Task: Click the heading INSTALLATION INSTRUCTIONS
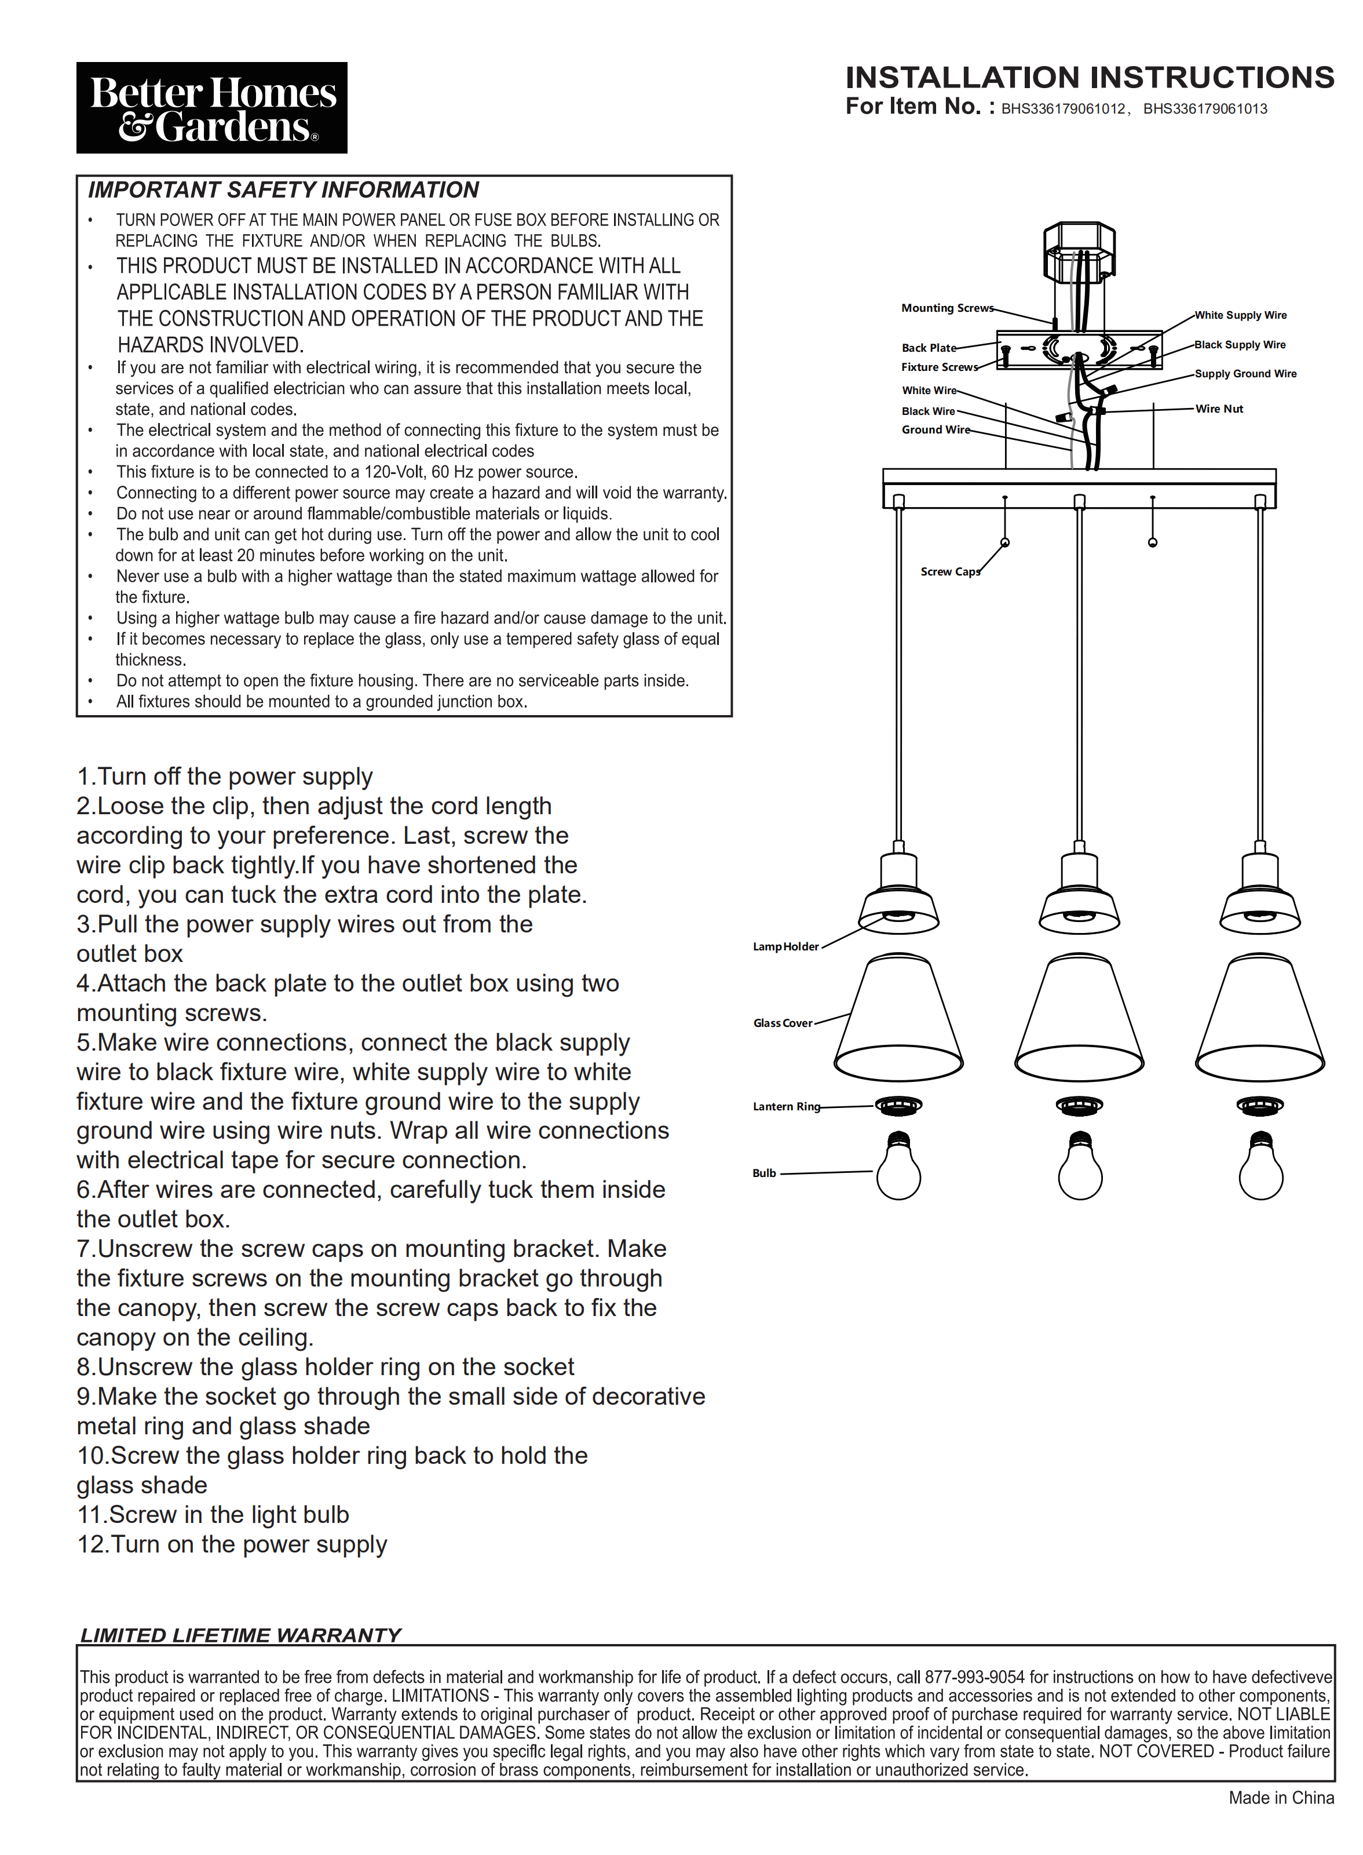(1089, 78)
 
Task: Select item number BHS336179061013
(1205, 109)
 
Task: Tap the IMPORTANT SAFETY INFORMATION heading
(283, 191)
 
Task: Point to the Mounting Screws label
(947, 308)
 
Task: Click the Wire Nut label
(1219, 409)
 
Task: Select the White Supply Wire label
(1240, 315)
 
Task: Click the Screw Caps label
(949, 571)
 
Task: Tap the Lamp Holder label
(785, 946)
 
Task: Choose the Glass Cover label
(782, 1023)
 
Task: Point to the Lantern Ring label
(785, 1106)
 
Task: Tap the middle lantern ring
(1079, 1105)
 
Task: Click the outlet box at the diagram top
(1079, 251)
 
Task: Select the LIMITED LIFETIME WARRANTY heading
(240, 1635)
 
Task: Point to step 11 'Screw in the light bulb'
(213, 1514)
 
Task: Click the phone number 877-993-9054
(974, 1677)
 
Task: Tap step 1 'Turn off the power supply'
(224, 777)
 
